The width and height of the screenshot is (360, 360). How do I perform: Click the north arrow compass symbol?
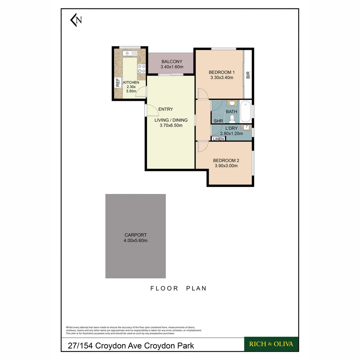point(76,20)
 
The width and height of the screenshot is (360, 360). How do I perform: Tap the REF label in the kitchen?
point(117,82)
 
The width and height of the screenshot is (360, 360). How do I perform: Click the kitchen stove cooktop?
point(142,68)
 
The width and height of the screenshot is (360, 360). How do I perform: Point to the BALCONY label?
point(172,61)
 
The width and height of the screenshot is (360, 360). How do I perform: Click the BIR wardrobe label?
point(248,75)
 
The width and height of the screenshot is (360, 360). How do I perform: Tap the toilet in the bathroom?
point(232,118)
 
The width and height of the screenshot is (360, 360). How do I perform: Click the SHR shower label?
point(218,121)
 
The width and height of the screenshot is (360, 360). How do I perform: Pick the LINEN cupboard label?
point(218,139)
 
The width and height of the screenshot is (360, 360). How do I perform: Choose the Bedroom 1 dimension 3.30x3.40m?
point(222,78)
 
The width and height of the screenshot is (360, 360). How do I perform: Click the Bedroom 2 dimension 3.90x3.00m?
point(226,166)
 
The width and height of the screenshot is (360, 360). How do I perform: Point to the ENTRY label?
point(166,109)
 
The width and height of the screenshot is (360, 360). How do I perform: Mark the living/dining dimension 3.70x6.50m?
point(171,126)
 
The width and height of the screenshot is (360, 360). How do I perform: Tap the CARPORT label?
point(136,235)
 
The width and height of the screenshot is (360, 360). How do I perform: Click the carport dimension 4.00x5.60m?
point(136,240)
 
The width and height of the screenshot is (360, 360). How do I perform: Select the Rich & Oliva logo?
point(271,344)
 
